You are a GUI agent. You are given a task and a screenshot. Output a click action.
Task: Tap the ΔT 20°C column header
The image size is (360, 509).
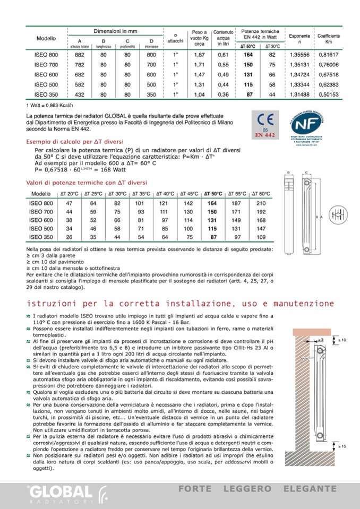tap(69, 194)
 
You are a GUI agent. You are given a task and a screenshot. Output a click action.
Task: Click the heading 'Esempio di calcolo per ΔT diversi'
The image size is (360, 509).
tap(75, 141)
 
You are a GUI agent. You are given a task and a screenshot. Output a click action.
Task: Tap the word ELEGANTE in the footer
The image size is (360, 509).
tap(311, 488)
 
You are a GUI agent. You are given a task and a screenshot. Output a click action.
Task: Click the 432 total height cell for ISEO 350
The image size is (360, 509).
tap(80, 94)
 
